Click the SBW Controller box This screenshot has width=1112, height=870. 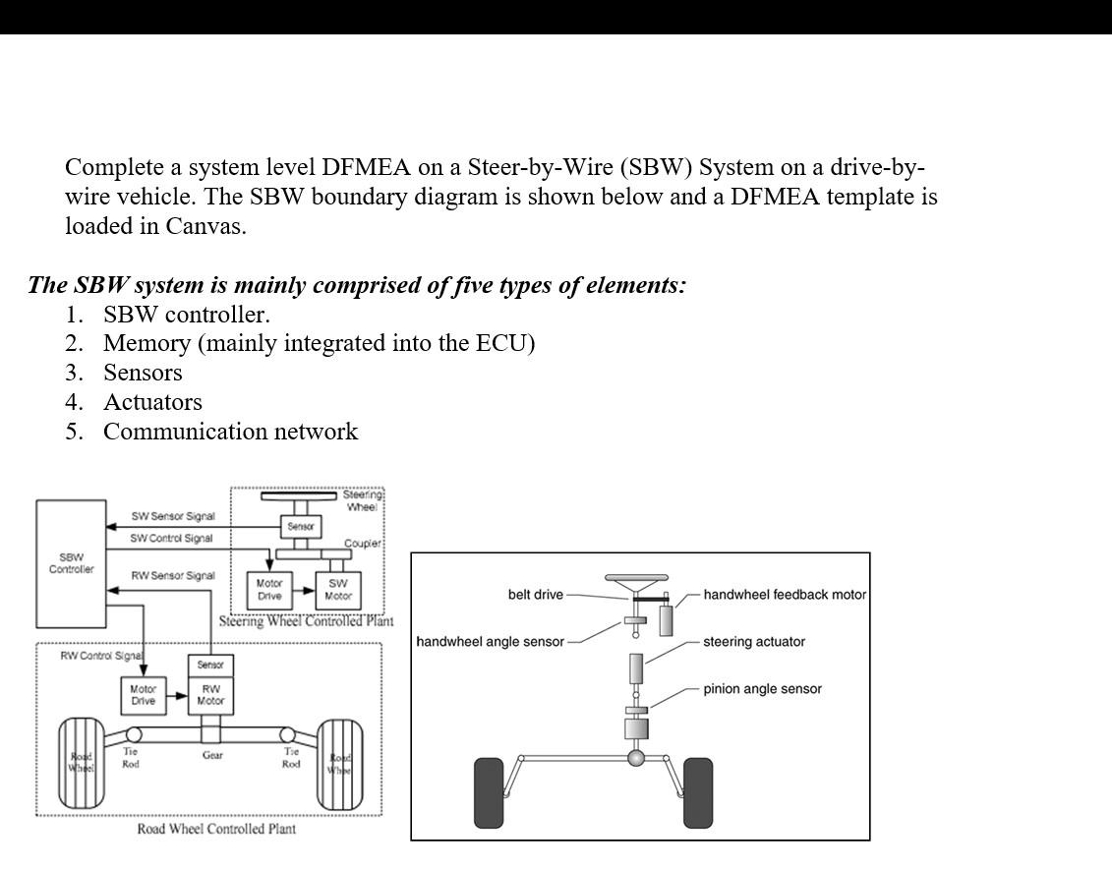click(71, 563)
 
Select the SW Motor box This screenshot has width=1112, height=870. click(337, 590)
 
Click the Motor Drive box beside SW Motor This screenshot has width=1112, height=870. click(269, 590)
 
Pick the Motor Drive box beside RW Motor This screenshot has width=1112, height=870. click(143, 695)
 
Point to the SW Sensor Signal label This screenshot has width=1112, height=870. click(173, 517)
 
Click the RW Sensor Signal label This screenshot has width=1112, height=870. click(173, 576)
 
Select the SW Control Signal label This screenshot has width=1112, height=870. click(171, 539)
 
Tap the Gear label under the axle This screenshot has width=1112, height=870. click(212, 756)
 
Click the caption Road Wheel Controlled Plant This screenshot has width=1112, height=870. click(216, 829)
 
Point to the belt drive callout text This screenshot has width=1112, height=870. click(536, 595)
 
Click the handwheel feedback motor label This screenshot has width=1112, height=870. click(785, 595)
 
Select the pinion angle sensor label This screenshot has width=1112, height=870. click(762, 689)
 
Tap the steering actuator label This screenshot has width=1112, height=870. click(754, 642)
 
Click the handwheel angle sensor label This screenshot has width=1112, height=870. click(491, 642)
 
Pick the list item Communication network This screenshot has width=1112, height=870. click(230, 432)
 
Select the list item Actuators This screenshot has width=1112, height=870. click(152, 402)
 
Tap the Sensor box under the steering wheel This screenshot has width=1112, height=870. click(300, 527)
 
